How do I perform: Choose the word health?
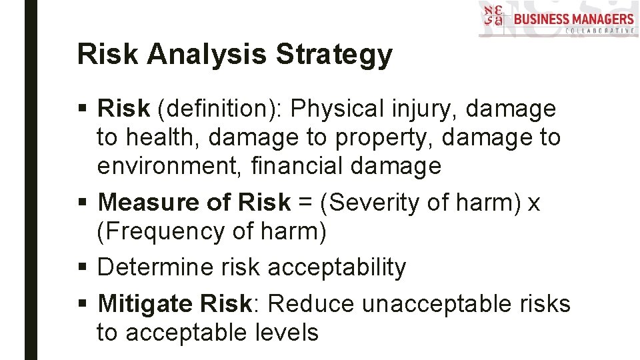tap(163, 137)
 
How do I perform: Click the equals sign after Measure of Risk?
tap(305, 202)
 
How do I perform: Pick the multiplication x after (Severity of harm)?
tap(533, 202)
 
